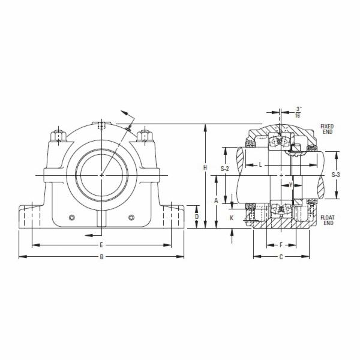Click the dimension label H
(x=205, y=168)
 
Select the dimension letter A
(x=216, y=201)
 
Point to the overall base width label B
(x=101, y=257)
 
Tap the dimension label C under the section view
(x=281, y=257)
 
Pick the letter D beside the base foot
(x=196, y=217)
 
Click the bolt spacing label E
(x=101, y=245)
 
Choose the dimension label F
(x=281, y=245)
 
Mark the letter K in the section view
(x=232, y=218)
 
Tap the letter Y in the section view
(x=290, y=185)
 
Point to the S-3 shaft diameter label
(x=337, y=175)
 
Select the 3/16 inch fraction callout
(x=298, y=112)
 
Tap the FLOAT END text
(x=327, y=220)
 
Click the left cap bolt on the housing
(x=58, y=136)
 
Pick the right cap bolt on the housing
(x=144, y=136)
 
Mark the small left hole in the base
(x=72, y=217)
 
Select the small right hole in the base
(x=131, y=217)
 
